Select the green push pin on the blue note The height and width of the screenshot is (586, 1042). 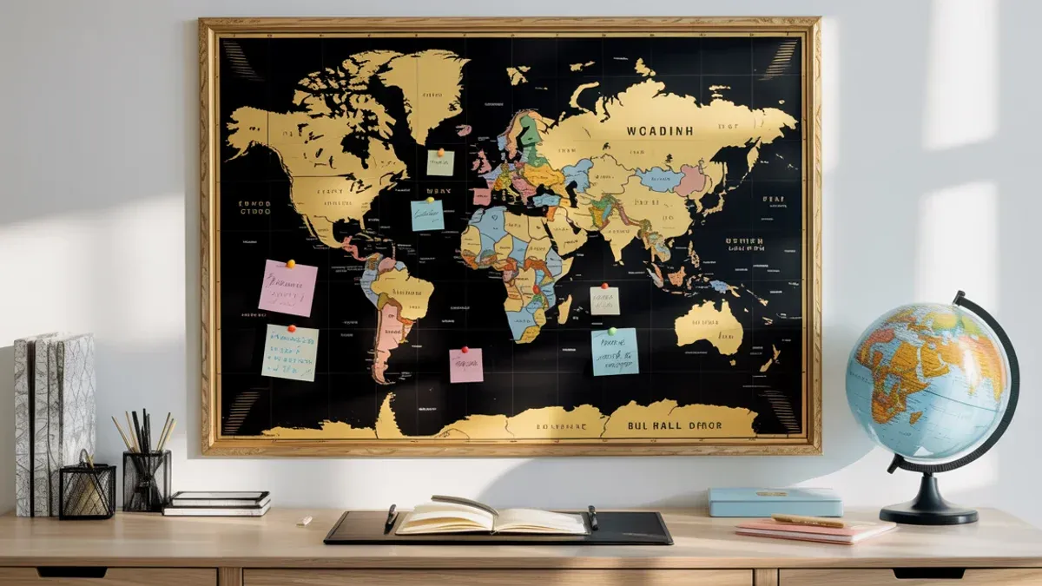612,331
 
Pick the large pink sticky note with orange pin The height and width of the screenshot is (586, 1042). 287,288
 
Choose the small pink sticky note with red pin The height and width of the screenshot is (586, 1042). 466,365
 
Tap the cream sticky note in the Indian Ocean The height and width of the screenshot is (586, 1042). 604,300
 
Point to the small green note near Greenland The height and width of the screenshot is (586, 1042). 440,162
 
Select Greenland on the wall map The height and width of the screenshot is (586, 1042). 425,87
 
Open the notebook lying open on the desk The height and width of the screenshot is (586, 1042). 491,518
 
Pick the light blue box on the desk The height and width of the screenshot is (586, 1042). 775,501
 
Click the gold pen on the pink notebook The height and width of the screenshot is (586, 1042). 808,521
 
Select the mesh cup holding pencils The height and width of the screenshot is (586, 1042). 147,480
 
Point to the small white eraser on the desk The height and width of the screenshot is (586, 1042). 304,521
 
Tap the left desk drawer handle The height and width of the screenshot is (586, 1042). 61,573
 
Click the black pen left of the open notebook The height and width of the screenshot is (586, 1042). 391,518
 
